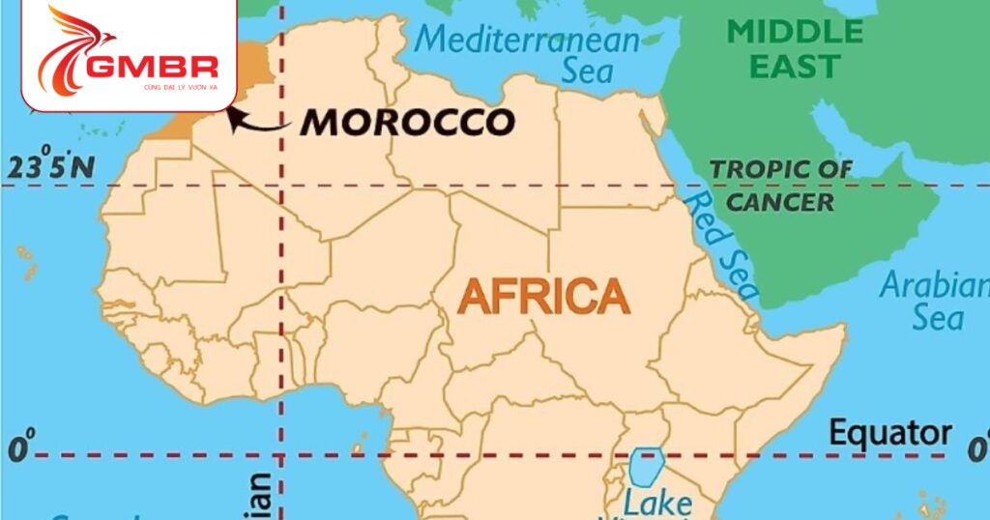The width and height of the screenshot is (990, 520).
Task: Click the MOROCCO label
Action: pos(407,122)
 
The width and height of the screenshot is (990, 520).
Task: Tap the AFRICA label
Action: pos(543,295)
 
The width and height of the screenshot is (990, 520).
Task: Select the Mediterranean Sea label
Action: pos(530,54)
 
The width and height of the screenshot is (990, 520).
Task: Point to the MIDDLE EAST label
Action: pos(795,48)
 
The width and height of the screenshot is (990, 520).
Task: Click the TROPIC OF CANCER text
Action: pos(781,185)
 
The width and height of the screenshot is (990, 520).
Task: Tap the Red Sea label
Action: pos(719,242)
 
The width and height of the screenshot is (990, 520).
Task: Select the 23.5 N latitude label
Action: pos(51,167)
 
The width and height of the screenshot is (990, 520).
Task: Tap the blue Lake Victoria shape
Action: pos(645,466)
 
